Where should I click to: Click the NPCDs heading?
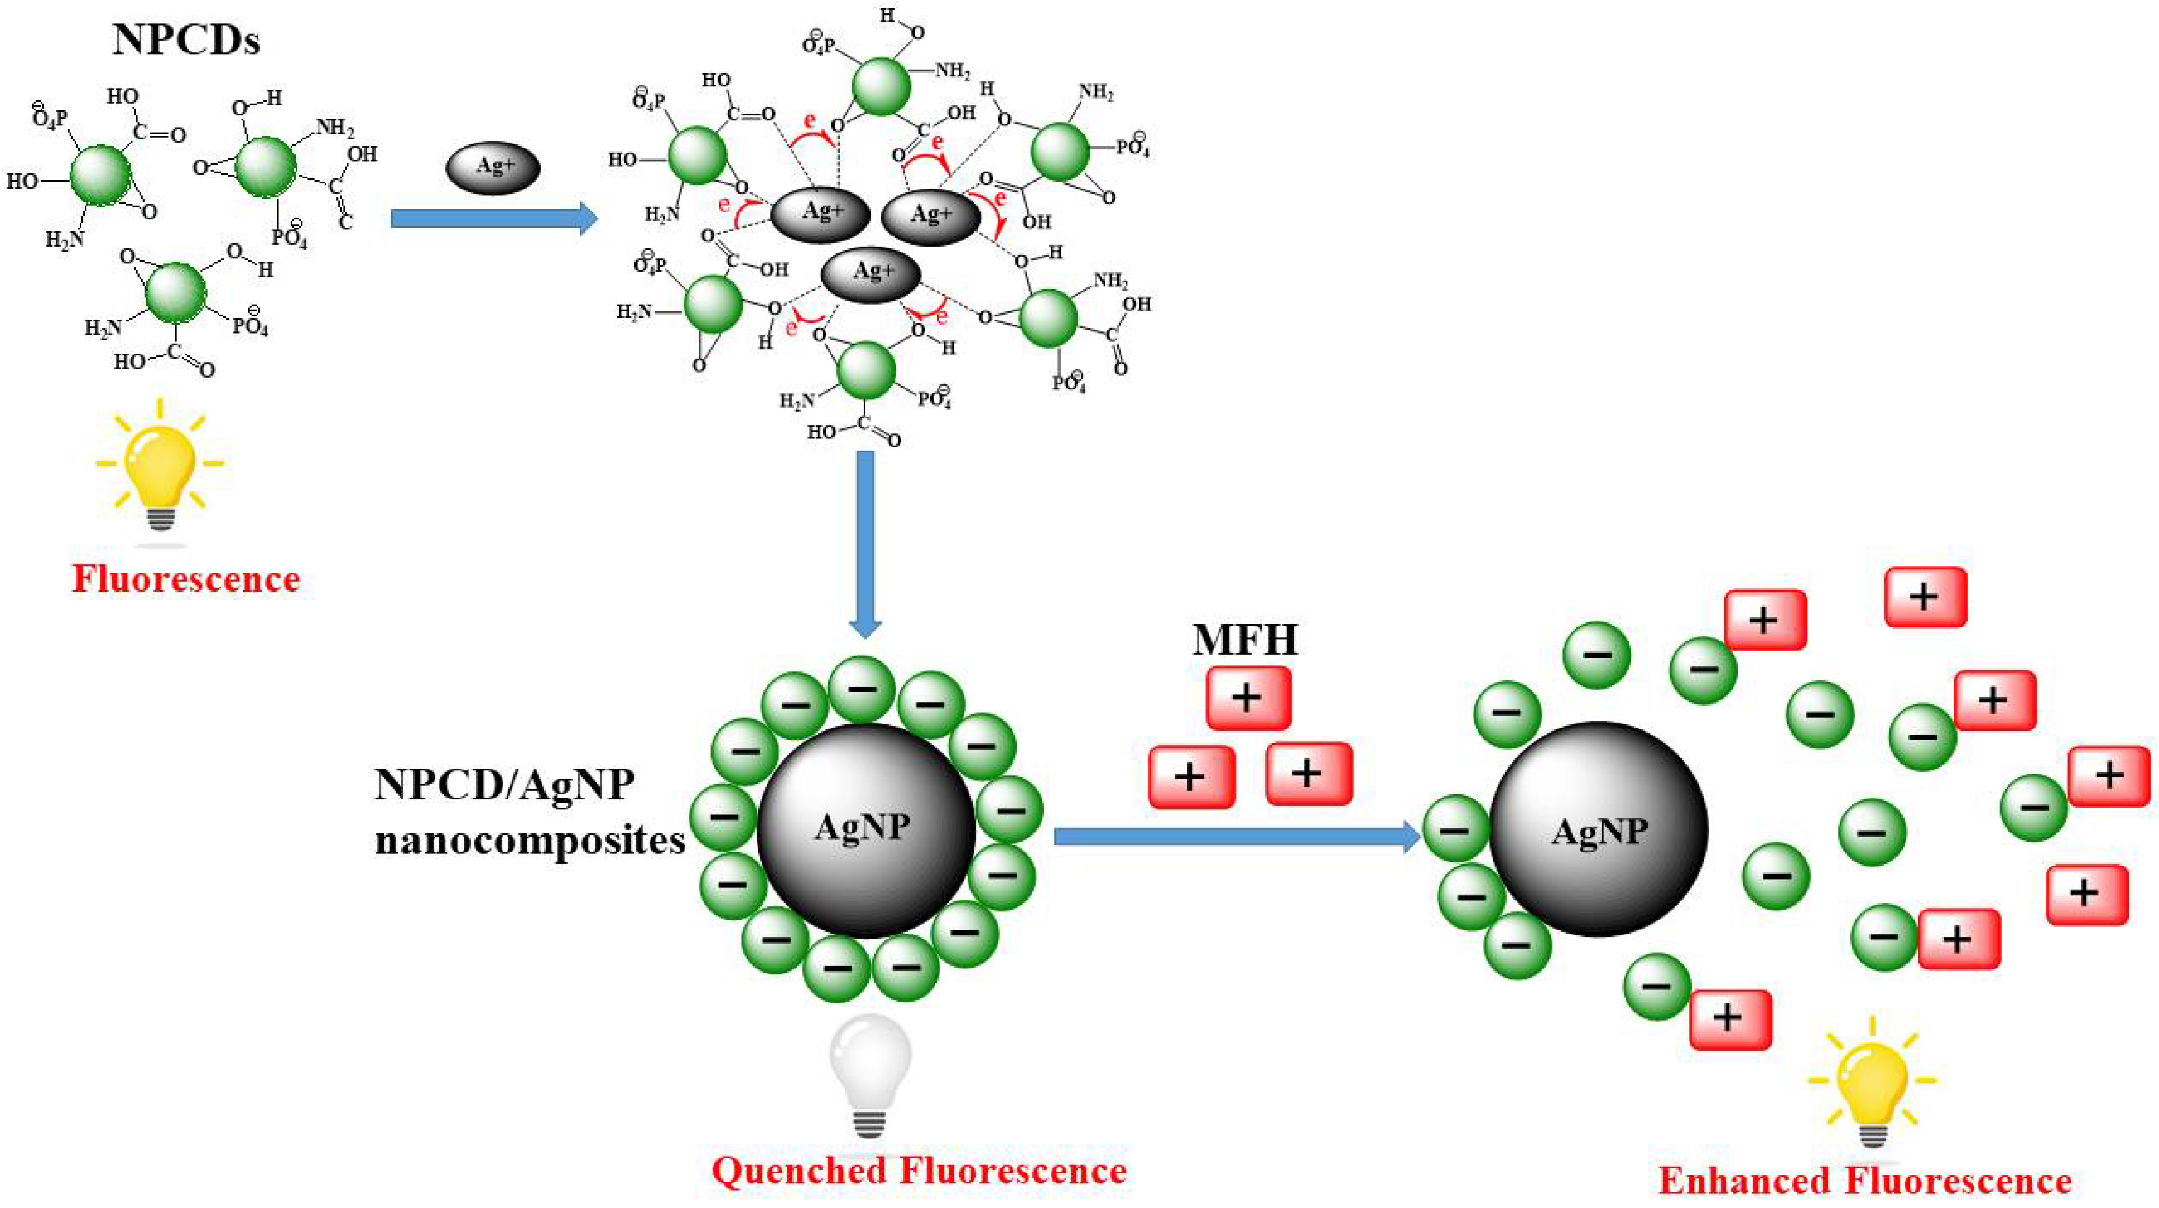(186, 40)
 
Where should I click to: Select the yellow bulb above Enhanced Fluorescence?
(1872, 1081)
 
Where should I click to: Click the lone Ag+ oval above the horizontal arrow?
(493, 167)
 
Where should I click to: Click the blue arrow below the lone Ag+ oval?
(494, 219)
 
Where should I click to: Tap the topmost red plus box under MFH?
(1248, 698)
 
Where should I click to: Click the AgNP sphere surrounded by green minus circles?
(866, 829)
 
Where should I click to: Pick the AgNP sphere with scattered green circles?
(1598, 829)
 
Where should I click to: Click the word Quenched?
(799, 1171)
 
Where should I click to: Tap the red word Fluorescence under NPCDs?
(186, 579)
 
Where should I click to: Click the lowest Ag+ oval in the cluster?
(871, 272)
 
